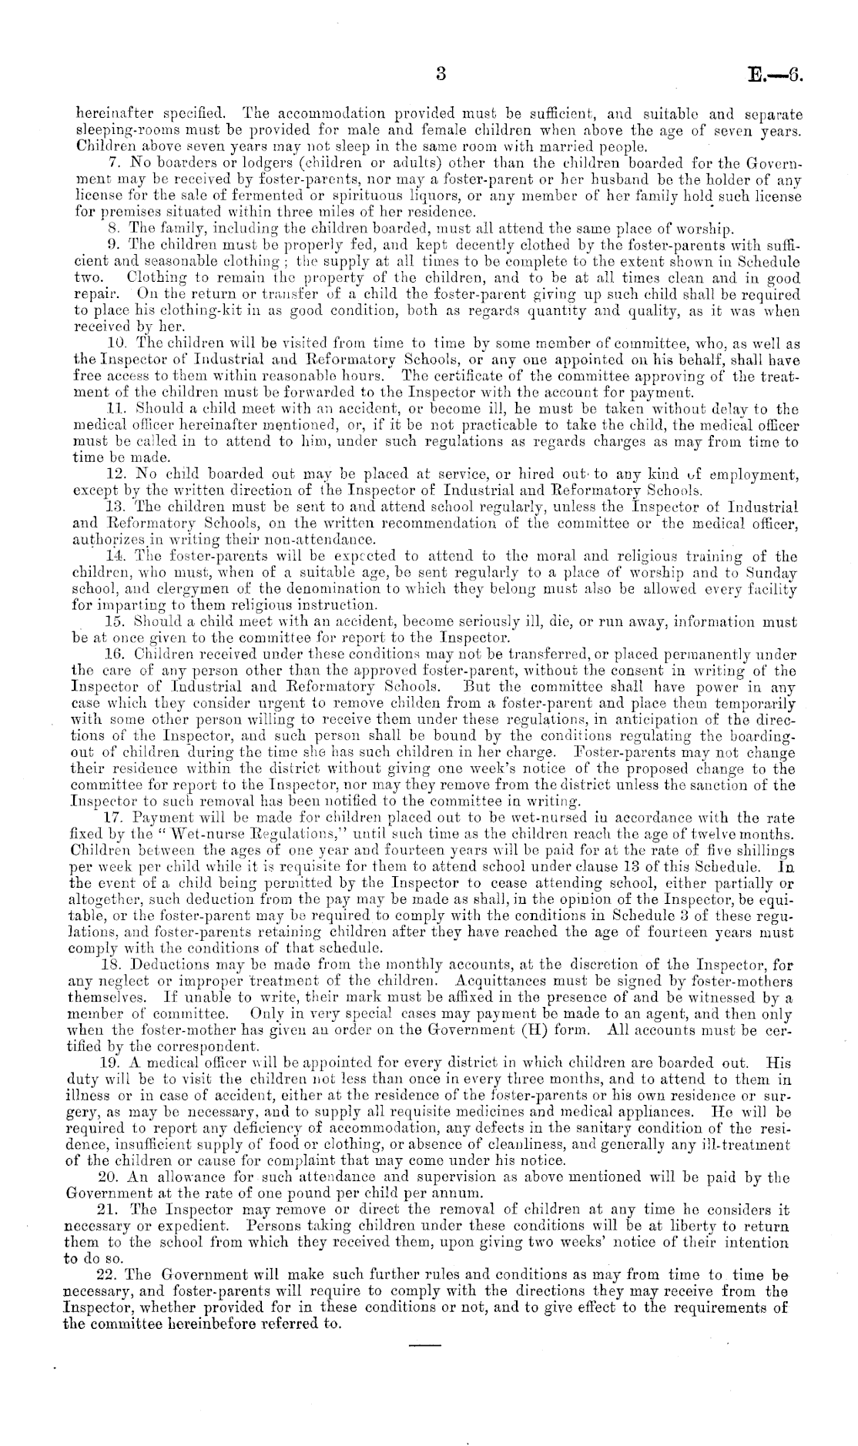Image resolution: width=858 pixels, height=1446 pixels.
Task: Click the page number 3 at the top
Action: [x=441, y=74]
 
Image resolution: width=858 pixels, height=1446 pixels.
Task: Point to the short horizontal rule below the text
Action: [x=423, y=1344]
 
